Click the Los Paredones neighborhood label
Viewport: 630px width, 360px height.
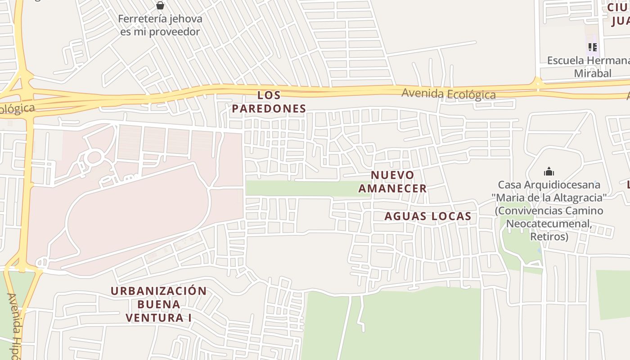click(269, 102)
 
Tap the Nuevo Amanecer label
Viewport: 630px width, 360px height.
click(392, 182)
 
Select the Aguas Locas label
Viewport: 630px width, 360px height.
click(427, 216)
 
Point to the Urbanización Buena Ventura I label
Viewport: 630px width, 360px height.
click(159, 304)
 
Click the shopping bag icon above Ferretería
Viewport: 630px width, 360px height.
click(160, 5)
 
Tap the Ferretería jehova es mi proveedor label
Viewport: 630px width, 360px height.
click(160, 26)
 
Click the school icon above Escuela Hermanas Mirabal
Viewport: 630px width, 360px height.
click(592, 47)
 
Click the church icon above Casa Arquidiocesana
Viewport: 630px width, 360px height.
click(549, 171)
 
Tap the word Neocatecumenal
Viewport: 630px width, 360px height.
click(549, 224)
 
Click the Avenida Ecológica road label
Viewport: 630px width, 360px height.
click(448, 94)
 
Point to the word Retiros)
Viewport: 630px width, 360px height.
click(549, 237)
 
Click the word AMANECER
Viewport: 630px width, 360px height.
click(392, 189)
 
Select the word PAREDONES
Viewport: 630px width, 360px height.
click(269, 108)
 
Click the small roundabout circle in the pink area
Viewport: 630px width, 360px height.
click(94, 157)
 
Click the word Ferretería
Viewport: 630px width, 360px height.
click(142, 19)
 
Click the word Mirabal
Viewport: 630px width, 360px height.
click(593, 73)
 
